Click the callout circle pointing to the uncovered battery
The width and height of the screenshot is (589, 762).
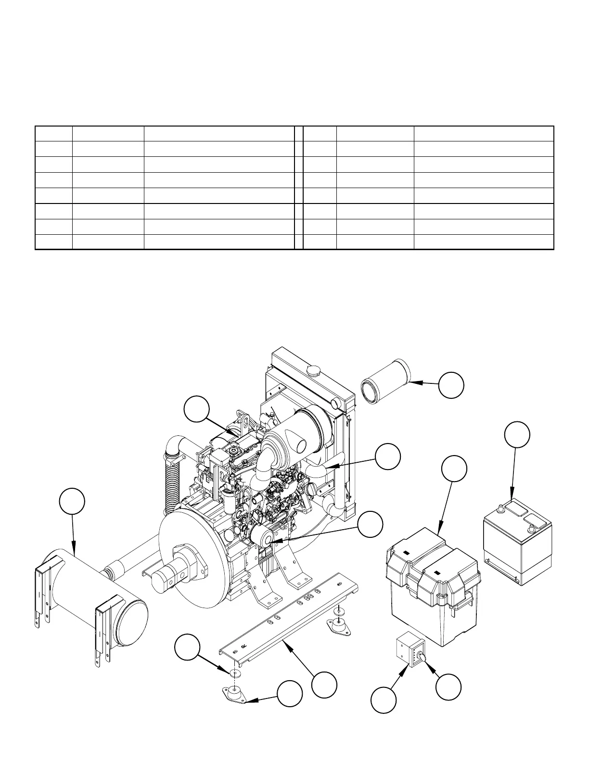[517, 434]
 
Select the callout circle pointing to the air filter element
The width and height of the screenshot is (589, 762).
[451, 385]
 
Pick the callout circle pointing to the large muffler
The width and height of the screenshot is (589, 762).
[72, 501]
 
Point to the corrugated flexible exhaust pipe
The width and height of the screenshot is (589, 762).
[171, 486]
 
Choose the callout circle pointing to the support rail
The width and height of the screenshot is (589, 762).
[323, 685]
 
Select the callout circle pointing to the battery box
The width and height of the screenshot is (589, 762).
[454, 469]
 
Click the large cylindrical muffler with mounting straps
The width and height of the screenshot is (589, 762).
[91, 601]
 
